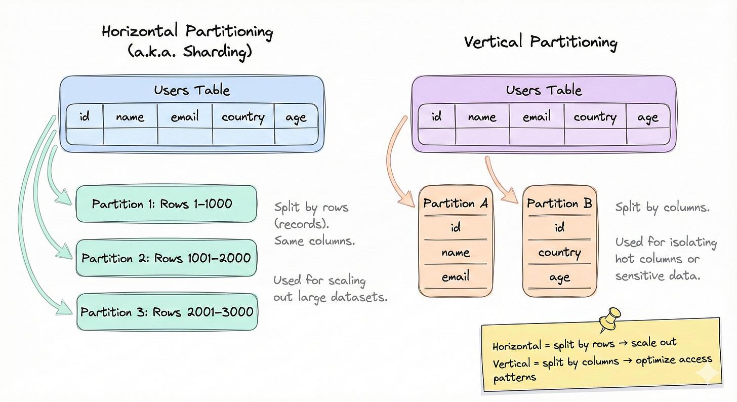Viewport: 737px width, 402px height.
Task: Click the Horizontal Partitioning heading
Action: [x=187, y=32]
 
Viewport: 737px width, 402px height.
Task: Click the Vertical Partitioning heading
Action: [x=540, y=42]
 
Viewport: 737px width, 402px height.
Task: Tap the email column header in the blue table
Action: [x=184, y=117]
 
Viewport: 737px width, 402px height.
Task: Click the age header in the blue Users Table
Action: [x=296, y=117]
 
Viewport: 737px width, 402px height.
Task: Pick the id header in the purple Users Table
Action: [x=436, y=117]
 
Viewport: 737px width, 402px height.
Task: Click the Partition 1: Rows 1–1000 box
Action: [x=166, y=204]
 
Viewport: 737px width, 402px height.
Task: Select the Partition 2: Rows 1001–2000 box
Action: [x=166, y=258]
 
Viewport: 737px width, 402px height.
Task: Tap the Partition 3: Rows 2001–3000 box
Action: [x=166, y=311]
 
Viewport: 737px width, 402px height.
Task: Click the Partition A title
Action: [x=456, y=204]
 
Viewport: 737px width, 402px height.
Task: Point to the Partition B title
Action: [x=559, y=204]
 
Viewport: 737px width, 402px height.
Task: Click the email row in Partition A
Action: [x=456, y=276]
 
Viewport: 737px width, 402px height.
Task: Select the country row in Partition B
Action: [x=559, y=252]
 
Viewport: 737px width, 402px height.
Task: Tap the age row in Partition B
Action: [x=559, y=277]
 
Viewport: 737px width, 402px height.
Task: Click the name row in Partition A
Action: [x=456, y=252]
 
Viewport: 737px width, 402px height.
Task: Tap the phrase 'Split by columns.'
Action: [x=662, y=207]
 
